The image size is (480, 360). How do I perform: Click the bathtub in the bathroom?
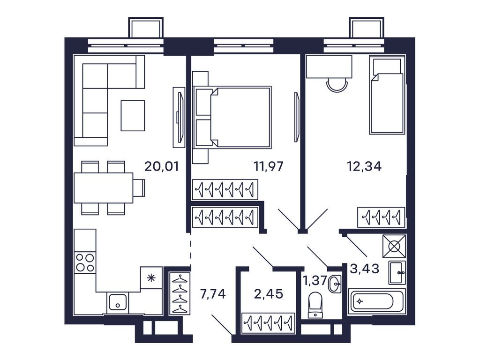tap(376, 301)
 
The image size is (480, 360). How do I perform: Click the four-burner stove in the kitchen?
tap(85, 262)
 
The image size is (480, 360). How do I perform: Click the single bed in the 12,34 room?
tap(387, 96)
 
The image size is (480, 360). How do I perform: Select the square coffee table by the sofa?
tap(133, 116)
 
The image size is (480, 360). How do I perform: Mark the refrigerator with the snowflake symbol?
tap(151, 277)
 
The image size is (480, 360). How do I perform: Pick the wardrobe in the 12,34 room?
tap(381, 217)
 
